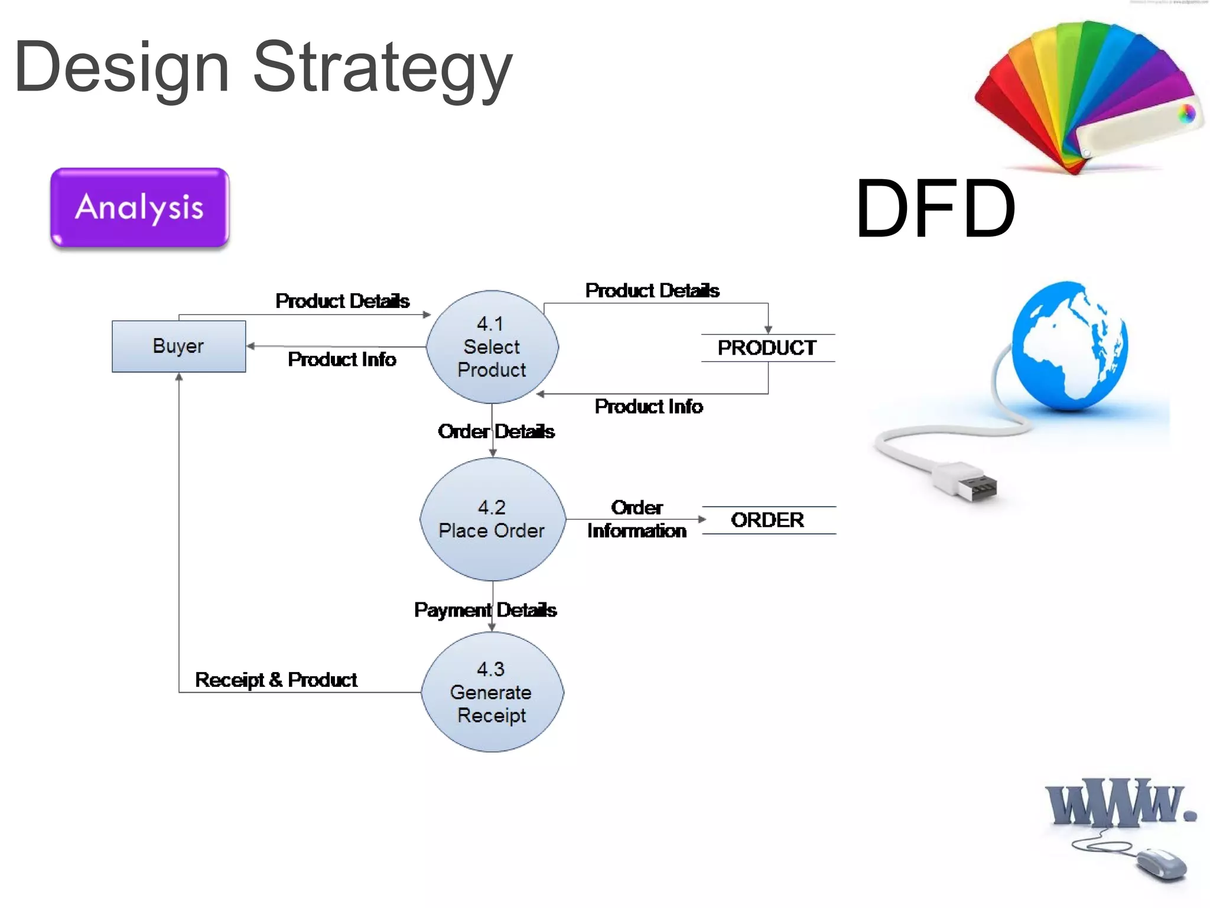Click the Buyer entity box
(x=178, y=346)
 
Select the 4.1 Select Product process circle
(x=492, y=346)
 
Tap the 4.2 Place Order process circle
(x=492, y=519)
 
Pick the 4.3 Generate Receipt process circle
(x=492, y=692)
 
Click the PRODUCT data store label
(x=767, y=348)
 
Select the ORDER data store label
(x=767, y=520)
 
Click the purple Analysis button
(x=140, y=207)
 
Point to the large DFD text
(x=935, y=209)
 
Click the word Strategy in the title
(x=382, y=68)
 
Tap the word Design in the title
(x=121, y=68)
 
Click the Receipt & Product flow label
(x=276, y=680)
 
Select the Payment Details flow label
(x=485, y=609)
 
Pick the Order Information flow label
(x=636, y=519)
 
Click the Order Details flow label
(x=496, y=432)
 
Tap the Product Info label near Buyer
(x=341, y=359)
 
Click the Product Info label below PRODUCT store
(x=648, y=407)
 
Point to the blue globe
(x=1069, y=346)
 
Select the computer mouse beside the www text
(x=1161, y=864)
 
